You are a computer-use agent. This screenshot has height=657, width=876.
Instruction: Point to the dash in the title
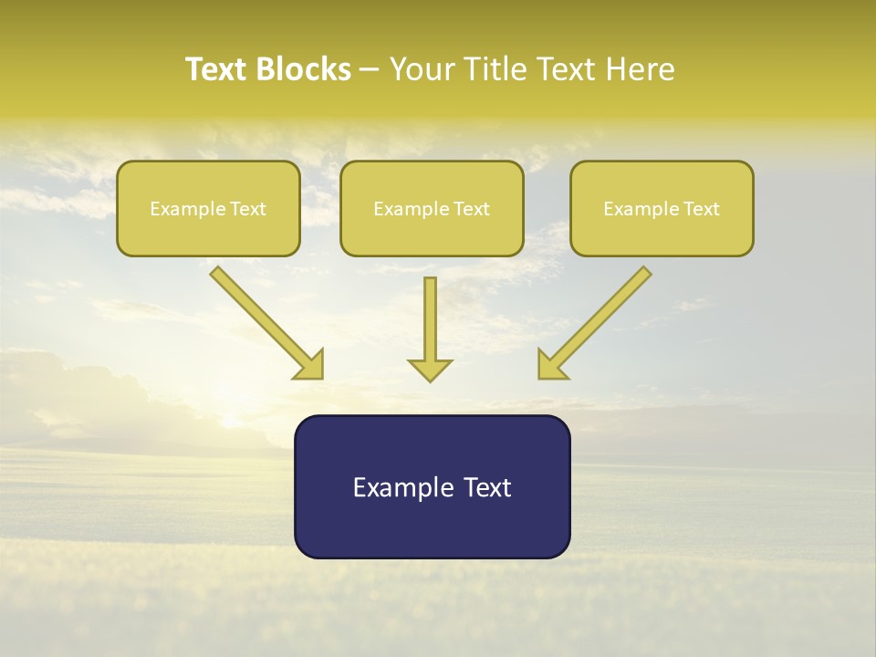370,69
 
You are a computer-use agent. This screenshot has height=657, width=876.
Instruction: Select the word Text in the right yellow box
702,209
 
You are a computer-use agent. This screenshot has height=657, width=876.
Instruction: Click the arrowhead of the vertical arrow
430,370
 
